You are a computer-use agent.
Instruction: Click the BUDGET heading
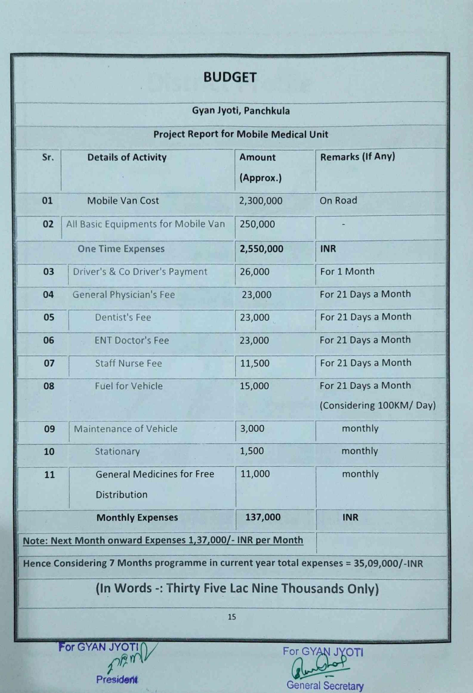(230, 77)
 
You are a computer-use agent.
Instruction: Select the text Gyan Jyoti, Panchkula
(241, 111)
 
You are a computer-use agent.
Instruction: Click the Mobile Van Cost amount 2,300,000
(261, 201)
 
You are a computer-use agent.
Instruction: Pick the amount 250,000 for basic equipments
(257, 224)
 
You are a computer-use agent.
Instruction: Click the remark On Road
(338, 200)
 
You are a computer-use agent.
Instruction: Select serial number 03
(48, 272)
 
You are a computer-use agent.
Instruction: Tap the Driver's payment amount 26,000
(254, 272)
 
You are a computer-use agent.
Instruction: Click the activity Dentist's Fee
(123, 317)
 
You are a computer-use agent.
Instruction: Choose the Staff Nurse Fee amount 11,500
(255, 363)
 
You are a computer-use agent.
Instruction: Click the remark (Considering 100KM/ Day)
(378, 406)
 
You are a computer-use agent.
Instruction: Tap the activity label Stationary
(117, 451)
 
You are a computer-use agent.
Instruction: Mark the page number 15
(232, 617)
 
